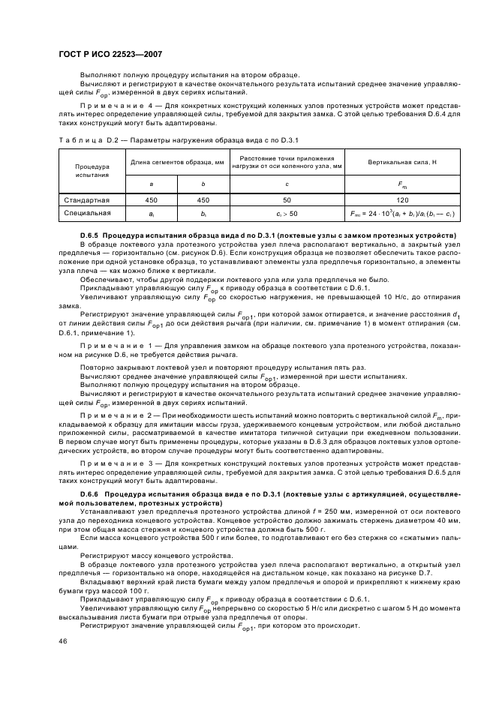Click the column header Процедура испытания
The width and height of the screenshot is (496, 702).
tap(92, 169)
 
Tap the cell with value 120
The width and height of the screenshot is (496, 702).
tap(402, 200)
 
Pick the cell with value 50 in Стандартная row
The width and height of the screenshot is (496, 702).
tap(287, 200)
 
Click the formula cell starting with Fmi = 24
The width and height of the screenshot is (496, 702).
tap(402, 214)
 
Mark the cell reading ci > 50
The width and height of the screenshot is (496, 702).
tap(287, 214)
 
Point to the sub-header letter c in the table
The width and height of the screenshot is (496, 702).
tap(287, 183)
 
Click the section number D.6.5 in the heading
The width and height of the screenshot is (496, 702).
tap(89, 235)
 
